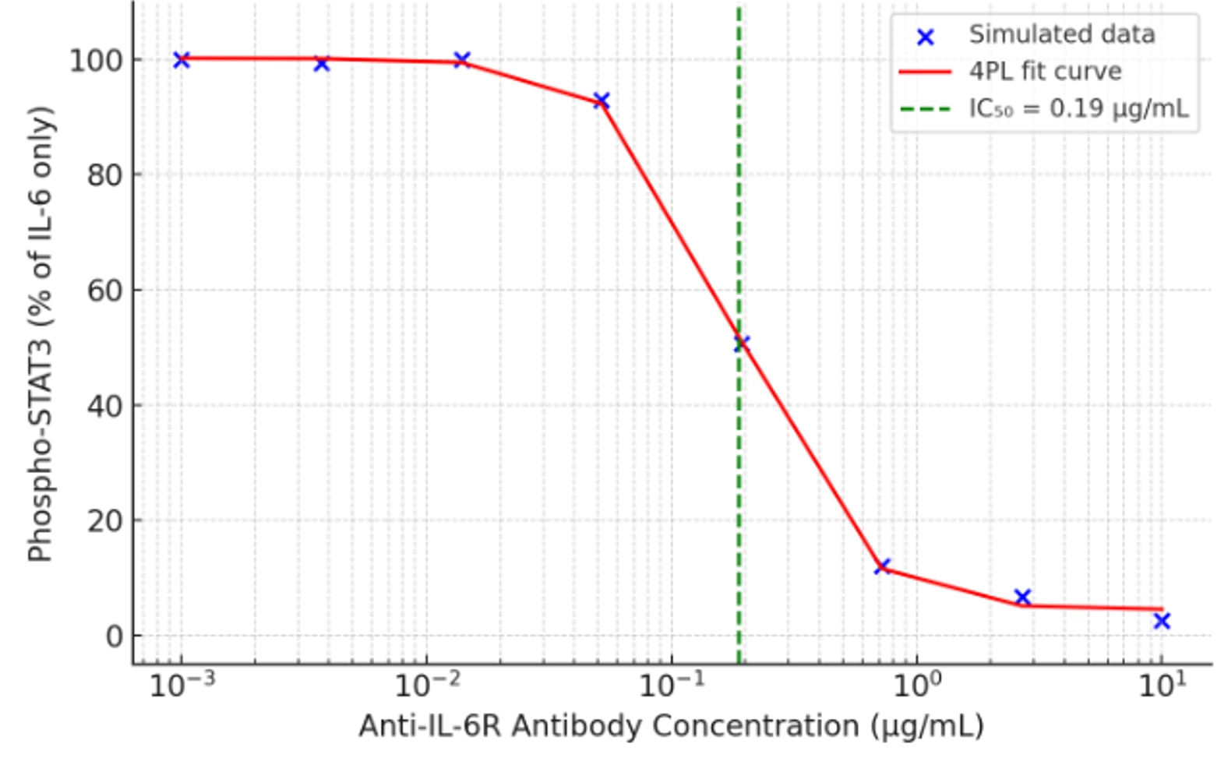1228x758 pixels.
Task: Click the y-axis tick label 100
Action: [96, 61]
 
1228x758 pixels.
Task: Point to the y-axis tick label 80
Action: [104, 176]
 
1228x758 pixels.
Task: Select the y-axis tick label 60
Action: [104, 291]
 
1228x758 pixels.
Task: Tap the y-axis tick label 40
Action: [104, 407]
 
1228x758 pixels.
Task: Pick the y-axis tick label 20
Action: [104, 521]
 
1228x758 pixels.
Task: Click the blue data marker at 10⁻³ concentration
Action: [182, 60]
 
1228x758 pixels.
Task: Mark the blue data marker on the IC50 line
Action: [741, 343]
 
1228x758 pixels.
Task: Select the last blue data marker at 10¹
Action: [1162, 621]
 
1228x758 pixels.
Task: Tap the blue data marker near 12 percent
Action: [882, 566]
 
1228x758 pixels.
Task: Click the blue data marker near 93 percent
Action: [601, 100]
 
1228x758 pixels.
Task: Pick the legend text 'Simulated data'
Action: [1061, 35]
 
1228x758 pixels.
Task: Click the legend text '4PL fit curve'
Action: [1045, 72]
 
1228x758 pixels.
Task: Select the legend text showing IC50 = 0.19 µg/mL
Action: [1078, 108]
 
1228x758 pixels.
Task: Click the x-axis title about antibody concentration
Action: [671, 726]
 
